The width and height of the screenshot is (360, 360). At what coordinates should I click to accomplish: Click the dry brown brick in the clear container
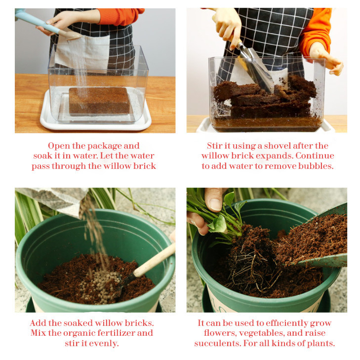(99, 101)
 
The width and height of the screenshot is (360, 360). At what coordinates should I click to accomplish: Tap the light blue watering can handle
(37, 21)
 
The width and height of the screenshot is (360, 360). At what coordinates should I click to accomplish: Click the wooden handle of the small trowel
(154, 260)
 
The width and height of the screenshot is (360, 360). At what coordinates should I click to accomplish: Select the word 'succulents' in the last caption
(217, 343)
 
